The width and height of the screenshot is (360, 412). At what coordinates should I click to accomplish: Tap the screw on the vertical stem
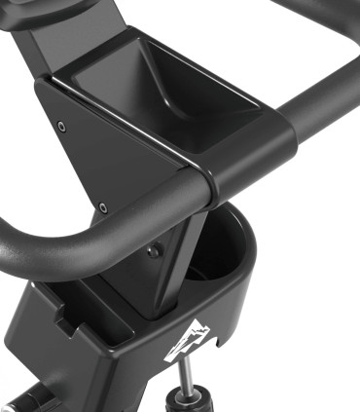[x=154, y=250]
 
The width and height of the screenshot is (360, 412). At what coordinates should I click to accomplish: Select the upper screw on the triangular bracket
[x=62, y=126]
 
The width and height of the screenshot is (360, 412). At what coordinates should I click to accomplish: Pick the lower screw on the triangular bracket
[x=102, y=206]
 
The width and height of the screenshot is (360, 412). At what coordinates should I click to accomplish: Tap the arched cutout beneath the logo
[x=184, y=361]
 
